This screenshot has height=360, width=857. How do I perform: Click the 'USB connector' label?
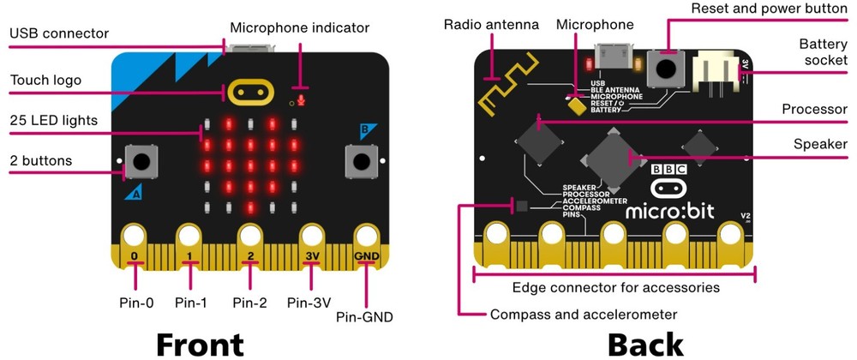click(x=59, y=34)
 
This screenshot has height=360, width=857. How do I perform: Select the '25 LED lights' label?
click(x=53, y=120)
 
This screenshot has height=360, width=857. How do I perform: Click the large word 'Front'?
click(x=200, y=342)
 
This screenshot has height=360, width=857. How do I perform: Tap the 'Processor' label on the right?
click(x=814, y=110)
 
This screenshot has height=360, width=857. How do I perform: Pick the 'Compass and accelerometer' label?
click(x=584, y=314)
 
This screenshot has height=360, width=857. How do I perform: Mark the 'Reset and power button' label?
click(x=775, y=9)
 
